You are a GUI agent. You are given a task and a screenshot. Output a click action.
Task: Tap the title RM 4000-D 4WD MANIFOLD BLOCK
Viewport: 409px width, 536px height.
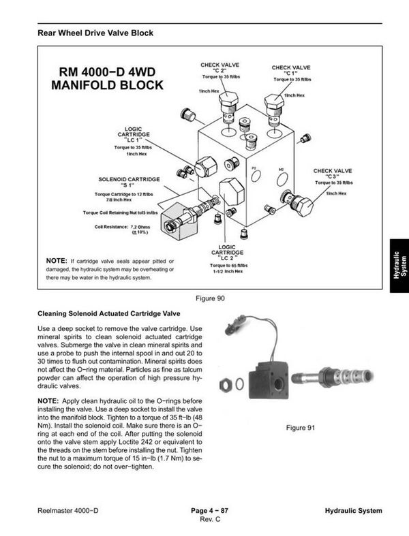(108, 78)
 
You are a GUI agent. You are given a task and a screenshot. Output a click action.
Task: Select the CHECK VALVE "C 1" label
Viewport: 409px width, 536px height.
(291, 71)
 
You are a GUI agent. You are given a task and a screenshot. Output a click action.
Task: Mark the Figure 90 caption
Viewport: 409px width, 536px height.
(209, 298)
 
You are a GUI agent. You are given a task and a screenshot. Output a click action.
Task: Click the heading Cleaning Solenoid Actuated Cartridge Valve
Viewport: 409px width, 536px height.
(108, 314)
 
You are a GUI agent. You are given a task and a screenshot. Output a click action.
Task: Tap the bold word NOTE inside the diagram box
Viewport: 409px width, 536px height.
(56, 261)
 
